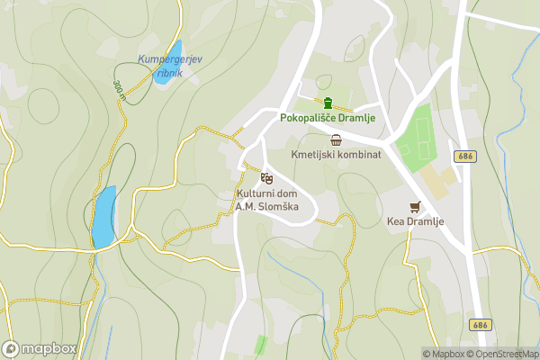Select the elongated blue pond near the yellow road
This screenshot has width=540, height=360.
click(x=103, y=217)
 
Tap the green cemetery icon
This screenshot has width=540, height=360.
click(x=329, y=102)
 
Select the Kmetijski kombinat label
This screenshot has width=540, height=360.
click(x=337, y=155)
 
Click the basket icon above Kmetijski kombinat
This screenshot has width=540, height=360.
click(x=337, y=139)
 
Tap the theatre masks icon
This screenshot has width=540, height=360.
click(x=266, y=177)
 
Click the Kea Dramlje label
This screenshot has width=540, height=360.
click(x=414, y=221)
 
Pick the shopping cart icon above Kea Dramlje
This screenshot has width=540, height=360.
click(x=414, y=206)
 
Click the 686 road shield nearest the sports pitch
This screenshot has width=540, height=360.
click(x=464, y=156)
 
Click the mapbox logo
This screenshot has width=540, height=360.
click(x=40, y=348)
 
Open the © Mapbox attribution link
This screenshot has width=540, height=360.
click(x=443, y=354)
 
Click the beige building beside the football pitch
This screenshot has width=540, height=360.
click(x=439, y=183)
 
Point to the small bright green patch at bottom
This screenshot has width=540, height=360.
click(x=261, y=345)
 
